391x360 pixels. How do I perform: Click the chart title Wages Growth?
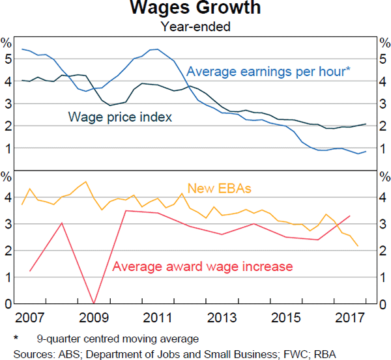click(195, 9)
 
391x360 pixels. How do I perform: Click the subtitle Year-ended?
click(195, 27)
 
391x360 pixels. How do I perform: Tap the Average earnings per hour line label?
click(269, 72)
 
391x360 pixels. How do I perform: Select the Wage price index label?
click(120, 118)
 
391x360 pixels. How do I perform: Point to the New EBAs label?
click(220, 189)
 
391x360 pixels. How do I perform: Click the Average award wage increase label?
click(203, 266)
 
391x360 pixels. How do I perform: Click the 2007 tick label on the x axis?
click(30, 319)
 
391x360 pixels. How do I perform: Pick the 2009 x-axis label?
click(94, 319)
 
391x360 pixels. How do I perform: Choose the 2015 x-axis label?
click(285, 319)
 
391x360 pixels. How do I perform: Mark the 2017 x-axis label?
click(349, 319)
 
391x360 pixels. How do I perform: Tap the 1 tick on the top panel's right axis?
click(384, 149)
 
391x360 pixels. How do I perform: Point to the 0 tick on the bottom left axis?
click(7, 304)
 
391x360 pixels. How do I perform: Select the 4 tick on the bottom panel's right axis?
click(384, 197)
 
